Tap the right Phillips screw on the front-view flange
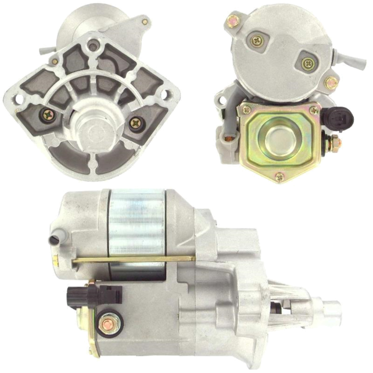tap(135, 122)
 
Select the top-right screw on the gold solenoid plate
tap(314, 110)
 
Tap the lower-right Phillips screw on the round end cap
tap(308, 64)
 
